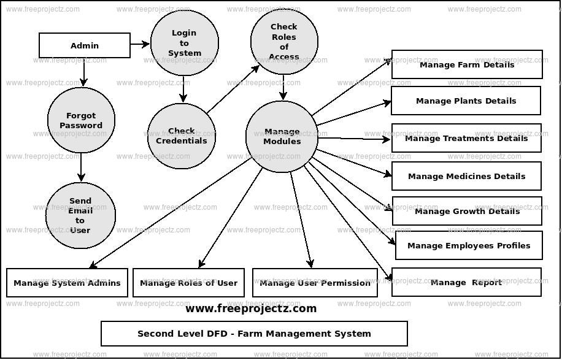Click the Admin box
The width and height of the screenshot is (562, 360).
85,45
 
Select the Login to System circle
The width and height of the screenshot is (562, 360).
184,43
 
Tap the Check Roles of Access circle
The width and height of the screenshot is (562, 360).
283,41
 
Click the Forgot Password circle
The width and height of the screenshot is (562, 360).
80,120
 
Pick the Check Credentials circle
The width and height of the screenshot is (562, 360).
182,136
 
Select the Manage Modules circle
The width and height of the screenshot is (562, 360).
282,136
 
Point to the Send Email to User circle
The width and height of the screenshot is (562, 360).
80,215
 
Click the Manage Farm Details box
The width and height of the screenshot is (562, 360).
466,64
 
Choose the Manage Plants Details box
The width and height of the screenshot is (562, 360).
466,101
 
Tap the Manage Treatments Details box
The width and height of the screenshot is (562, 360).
466,138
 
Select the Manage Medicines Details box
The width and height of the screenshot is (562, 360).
466,176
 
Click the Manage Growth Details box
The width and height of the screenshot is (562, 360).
466,211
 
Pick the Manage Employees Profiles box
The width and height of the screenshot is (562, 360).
469,245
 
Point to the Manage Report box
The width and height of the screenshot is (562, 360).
466,282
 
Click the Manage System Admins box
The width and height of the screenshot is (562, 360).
67,283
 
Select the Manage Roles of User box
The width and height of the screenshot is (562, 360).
188,283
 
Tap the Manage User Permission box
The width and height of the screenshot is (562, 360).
315,283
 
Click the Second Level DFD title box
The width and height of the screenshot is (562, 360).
254,334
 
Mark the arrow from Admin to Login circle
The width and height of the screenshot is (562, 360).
140,44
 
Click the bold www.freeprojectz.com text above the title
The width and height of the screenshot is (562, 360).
251,308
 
